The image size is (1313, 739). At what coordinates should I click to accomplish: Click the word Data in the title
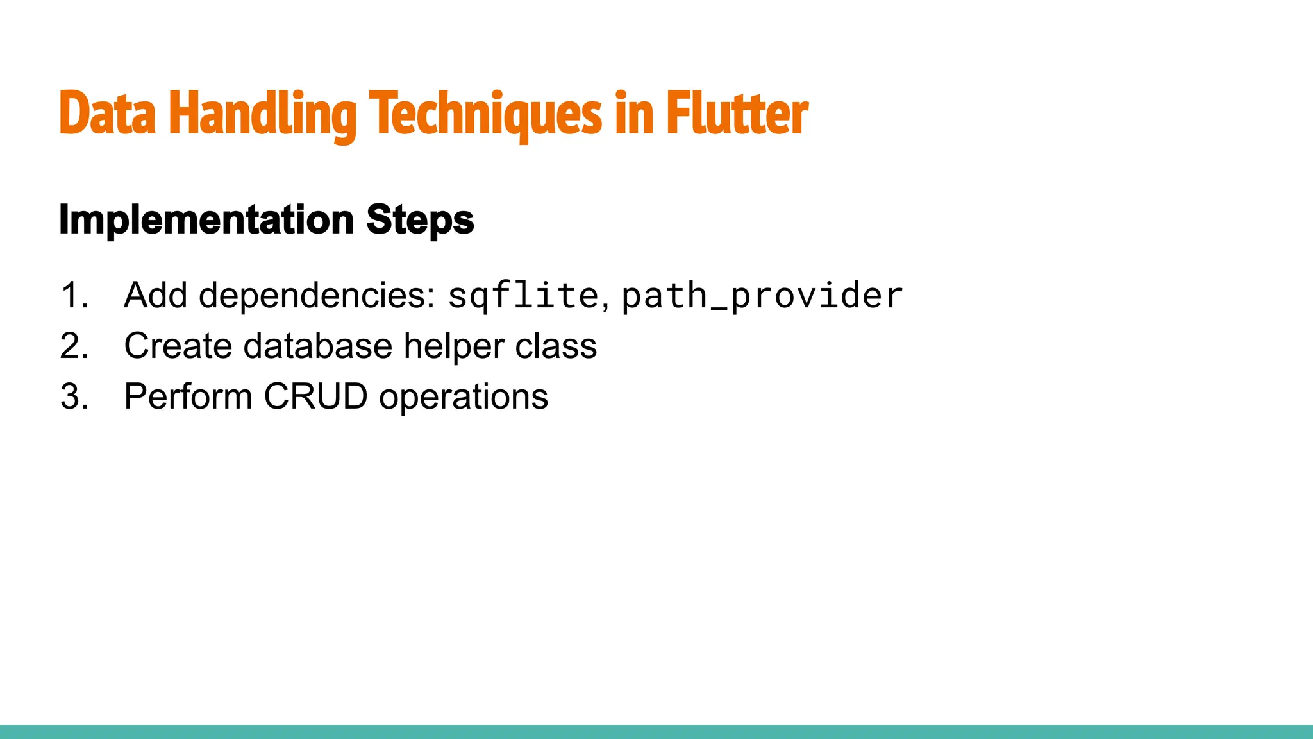click(x=107, y=114)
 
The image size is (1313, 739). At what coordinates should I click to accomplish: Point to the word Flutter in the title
click(x=737, y=114)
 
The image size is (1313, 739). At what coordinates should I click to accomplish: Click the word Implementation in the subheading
click(x=206, y=220)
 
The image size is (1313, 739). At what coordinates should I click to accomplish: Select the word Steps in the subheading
click(x=420, y=220)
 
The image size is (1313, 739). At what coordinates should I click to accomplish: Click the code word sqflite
click(x=523, y=296)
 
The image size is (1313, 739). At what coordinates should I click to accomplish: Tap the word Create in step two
click(x=178, y=346)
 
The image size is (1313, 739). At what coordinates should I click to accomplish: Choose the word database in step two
click(x=318, y=346)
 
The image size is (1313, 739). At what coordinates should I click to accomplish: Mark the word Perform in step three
click(x=188, y=397)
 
